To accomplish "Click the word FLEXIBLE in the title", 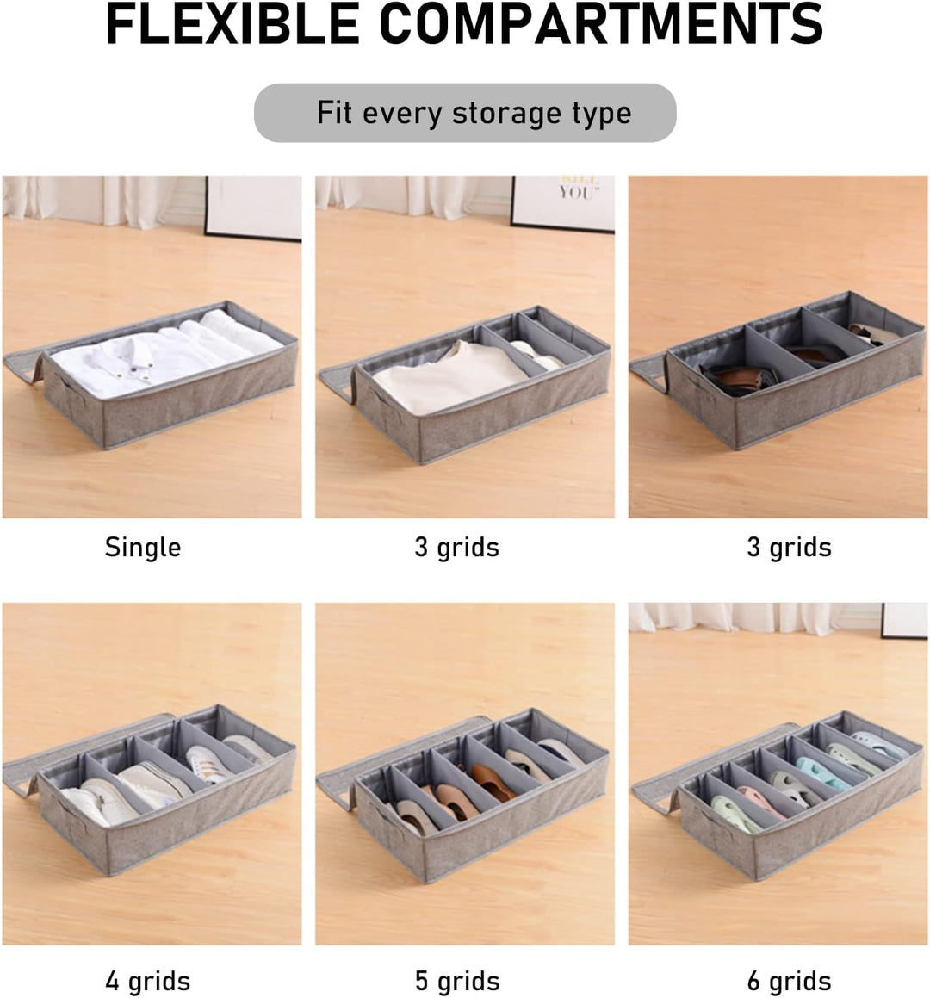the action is click(x=232, y=24).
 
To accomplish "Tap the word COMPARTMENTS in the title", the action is click(x=601, y=24).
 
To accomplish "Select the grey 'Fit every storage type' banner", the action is click(x=465, y=113).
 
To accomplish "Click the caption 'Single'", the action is click(x=143, y=548).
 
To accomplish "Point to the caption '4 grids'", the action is click(x=147, y=982).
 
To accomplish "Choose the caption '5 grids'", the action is click(x=457, y=982).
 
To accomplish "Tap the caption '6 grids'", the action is click(x=789, y=982).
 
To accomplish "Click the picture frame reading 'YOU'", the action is click(x=562, y=203).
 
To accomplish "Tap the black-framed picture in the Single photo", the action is click(x=252, y=208).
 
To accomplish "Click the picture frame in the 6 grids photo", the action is click(x=904, y=621).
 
